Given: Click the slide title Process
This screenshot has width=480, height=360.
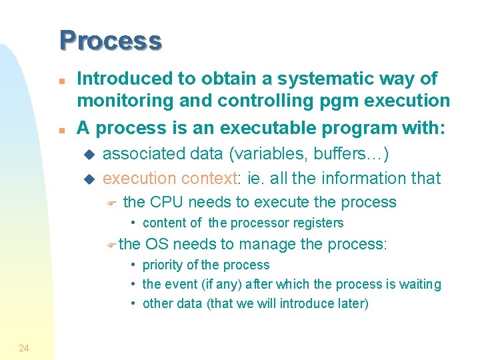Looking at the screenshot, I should click(x=110, y=41).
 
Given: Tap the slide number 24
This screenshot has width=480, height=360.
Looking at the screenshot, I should click(x=24, y=347).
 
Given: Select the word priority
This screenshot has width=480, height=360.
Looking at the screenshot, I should click(x=163, y=265).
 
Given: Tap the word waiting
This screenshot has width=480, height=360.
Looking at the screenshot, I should click(x=418, y=285).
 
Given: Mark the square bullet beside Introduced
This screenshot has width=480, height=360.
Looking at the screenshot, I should click(x=61, y=80).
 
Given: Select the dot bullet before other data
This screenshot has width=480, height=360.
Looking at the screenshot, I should click(x=134, y=304).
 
